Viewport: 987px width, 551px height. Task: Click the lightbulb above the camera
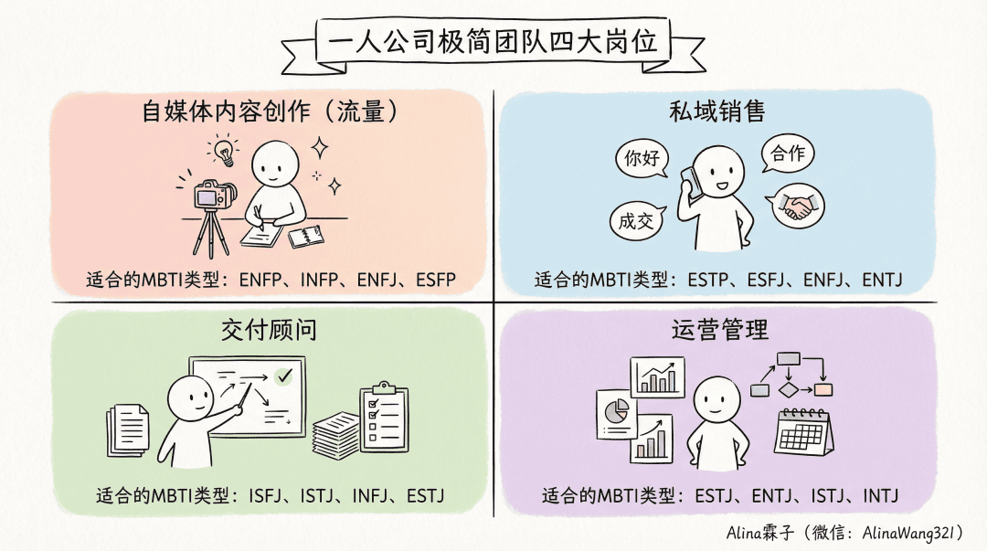pyautogui.click(x=224, y=152)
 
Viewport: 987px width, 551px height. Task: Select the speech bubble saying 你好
pyautogui.click(x=642, y=157)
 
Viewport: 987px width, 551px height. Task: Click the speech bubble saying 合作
pyautogui.click(x=787, y=153)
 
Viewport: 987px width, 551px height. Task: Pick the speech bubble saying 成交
pyautogui.click(x=637, y=221)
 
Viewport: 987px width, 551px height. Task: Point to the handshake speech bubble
pyautogui.click(x=796, y=206)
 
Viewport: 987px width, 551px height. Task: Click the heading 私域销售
pyautogui.click(x=717, y=112)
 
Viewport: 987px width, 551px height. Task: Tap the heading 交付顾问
pyautogui.click(x=269, y=329)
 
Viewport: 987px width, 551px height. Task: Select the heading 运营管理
pyautogui.click(x=720, y=329)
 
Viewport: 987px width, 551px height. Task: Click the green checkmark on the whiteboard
pyautogui.click(x=284, y=376)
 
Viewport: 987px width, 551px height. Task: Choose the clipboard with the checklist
pyautogui.click(x=384, y=417)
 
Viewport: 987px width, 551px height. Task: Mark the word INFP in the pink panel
pyautogui.click(x=319, y=280)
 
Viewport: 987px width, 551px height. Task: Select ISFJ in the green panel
pyautogui.click(x=265, y=495)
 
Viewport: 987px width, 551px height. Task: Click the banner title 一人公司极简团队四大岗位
pyautogui.click(x=493, y=41)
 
